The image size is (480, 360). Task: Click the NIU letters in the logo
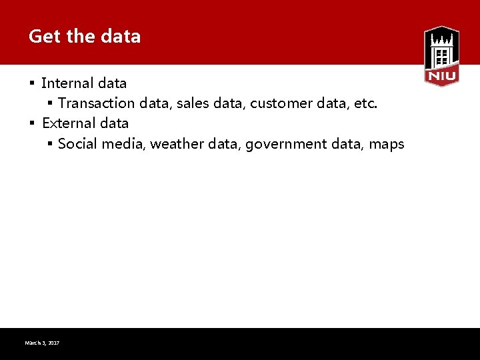click(441, 77)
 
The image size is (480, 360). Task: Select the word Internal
click(67, 83)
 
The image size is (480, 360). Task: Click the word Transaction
click(96, 103)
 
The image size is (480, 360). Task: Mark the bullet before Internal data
click(31, 83)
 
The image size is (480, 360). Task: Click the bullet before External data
click(31, 123)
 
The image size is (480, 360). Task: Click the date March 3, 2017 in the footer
click(42, 343)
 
